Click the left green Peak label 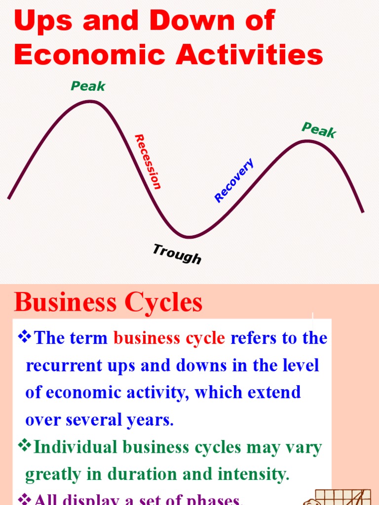pyautogui.click(x=88, y=86)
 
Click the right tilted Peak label pyautogui.click(x=319, y=130)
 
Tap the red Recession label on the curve pyautogui.click(x=148, y=162)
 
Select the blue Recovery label pyautogui.click(x=234, y=180)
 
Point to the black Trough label pyautogui.click(x=177, y=254)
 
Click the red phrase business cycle pyautogui.click(x=169, y=338)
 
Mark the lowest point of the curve pyautogui.click(x=188, y=237)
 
